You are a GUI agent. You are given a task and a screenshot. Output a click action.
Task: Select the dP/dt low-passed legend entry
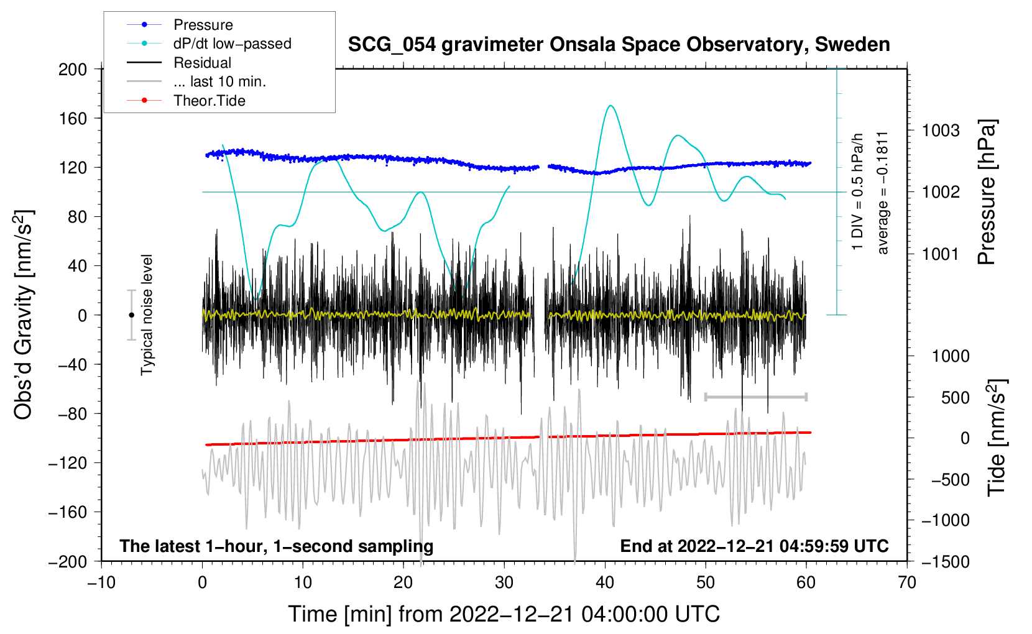(x=232, y=44)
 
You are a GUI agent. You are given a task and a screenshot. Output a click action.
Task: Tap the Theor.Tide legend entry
(x=209, y=101)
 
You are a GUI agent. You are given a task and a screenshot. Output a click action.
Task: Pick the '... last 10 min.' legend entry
(x=219, y=81)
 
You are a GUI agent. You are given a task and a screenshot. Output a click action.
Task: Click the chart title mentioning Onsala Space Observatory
(x=619, y=45)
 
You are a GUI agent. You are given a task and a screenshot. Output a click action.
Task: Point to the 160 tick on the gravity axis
(x=73, y=118)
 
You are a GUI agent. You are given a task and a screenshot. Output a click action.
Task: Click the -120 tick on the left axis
(x=68, y=463)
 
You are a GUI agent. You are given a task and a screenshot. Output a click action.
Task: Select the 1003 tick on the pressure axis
(x=941, y=131)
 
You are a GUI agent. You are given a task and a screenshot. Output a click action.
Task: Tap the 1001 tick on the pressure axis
(x=941, y=254)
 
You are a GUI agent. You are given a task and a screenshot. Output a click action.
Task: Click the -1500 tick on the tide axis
(x=946, y=561)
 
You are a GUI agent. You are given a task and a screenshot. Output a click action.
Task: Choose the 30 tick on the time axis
(x=504, y=582)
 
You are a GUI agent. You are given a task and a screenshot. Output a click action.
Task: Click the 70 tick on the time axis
(x=907, y=582)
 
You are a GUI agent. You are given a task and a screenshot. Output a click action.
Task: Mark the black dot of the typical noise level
(x=131, y=315)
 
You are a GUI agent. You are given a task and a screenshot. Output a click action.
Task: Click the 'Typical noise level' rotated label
(x=147, y=315)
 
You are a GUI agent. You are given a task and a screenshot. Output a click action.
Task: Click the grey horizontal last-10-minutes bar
(x=755, y=397)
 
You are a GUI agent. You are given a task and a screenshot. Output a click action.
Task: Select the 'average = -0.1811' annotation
(x=883, y=193)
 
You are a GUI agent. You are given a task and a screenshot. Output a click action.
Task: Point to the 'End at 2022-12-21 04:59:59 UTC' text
(x=754, y=546)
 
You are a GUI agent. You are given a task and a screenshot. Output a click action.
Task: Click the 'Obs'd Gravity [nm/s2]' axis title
(x=23, y=315)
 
